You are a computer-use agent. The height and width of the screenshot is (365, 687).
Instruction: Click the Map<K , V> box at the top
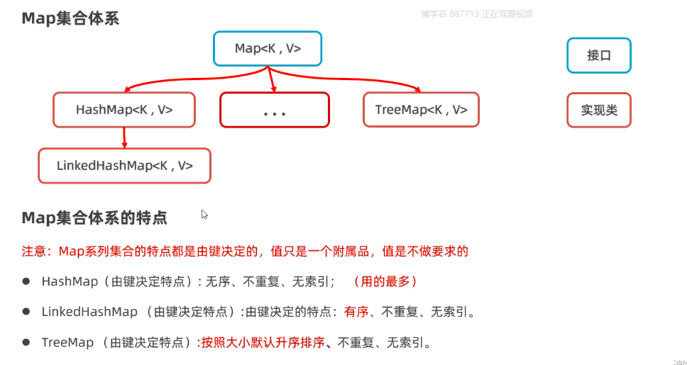268,49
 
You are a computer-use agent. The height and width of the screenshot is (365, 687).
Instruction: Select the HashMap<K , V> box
124,110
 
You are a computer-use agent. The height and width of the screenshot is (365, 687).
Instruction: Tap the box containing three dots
274,111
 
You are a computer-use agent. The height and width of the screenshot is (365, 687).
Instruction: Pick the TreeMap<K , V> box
421,110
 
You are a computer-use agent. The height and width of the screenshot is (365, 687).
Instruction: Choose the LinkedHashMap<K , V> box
124,166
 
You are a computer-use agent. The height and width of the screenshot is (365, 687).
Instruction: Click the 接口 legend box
598,55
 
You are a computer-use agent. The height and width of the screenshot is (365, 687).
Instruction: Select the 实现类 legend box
598,111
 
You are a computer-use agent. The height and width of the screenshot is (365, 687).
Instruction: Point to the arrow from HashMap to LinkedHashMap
125,137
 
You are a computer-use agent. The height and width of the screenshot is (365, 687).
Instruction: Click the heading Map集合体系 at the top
70,18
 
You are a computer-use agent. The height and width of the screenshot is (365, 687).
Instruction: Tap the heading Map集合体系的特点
94,218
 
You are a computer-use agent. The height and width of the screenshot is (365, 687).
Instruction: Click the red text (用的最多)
385,281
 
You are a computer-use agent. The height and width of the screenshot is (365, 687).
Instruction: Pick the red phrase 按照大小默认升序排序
263,342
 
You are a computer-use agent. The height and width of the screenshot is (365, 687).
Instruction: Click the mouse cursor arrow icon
204,214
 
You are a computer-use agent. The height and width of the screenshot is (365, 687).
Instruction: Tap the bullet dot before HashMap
26,281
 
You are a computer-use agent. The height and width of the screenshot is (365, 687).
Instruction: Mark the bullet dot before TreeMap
26,342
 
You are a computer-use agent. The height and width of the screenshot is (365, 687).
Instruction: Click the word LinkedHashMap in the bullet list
89,311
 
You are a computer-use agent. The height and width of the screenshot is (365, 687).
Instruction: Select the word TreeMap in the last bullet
67,342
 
